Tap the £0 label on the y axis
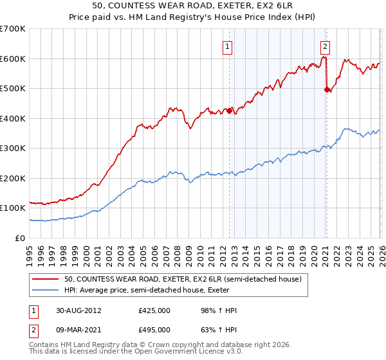point(21,238)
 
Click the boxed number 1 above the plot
point(228,46)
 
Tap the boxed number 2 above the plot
point(326,46)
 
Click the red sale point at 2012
point(229,111)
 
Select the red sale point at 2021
point(326,90)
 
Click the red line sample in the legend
point(46,278)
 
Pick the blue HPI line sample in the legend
point(46,289)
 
